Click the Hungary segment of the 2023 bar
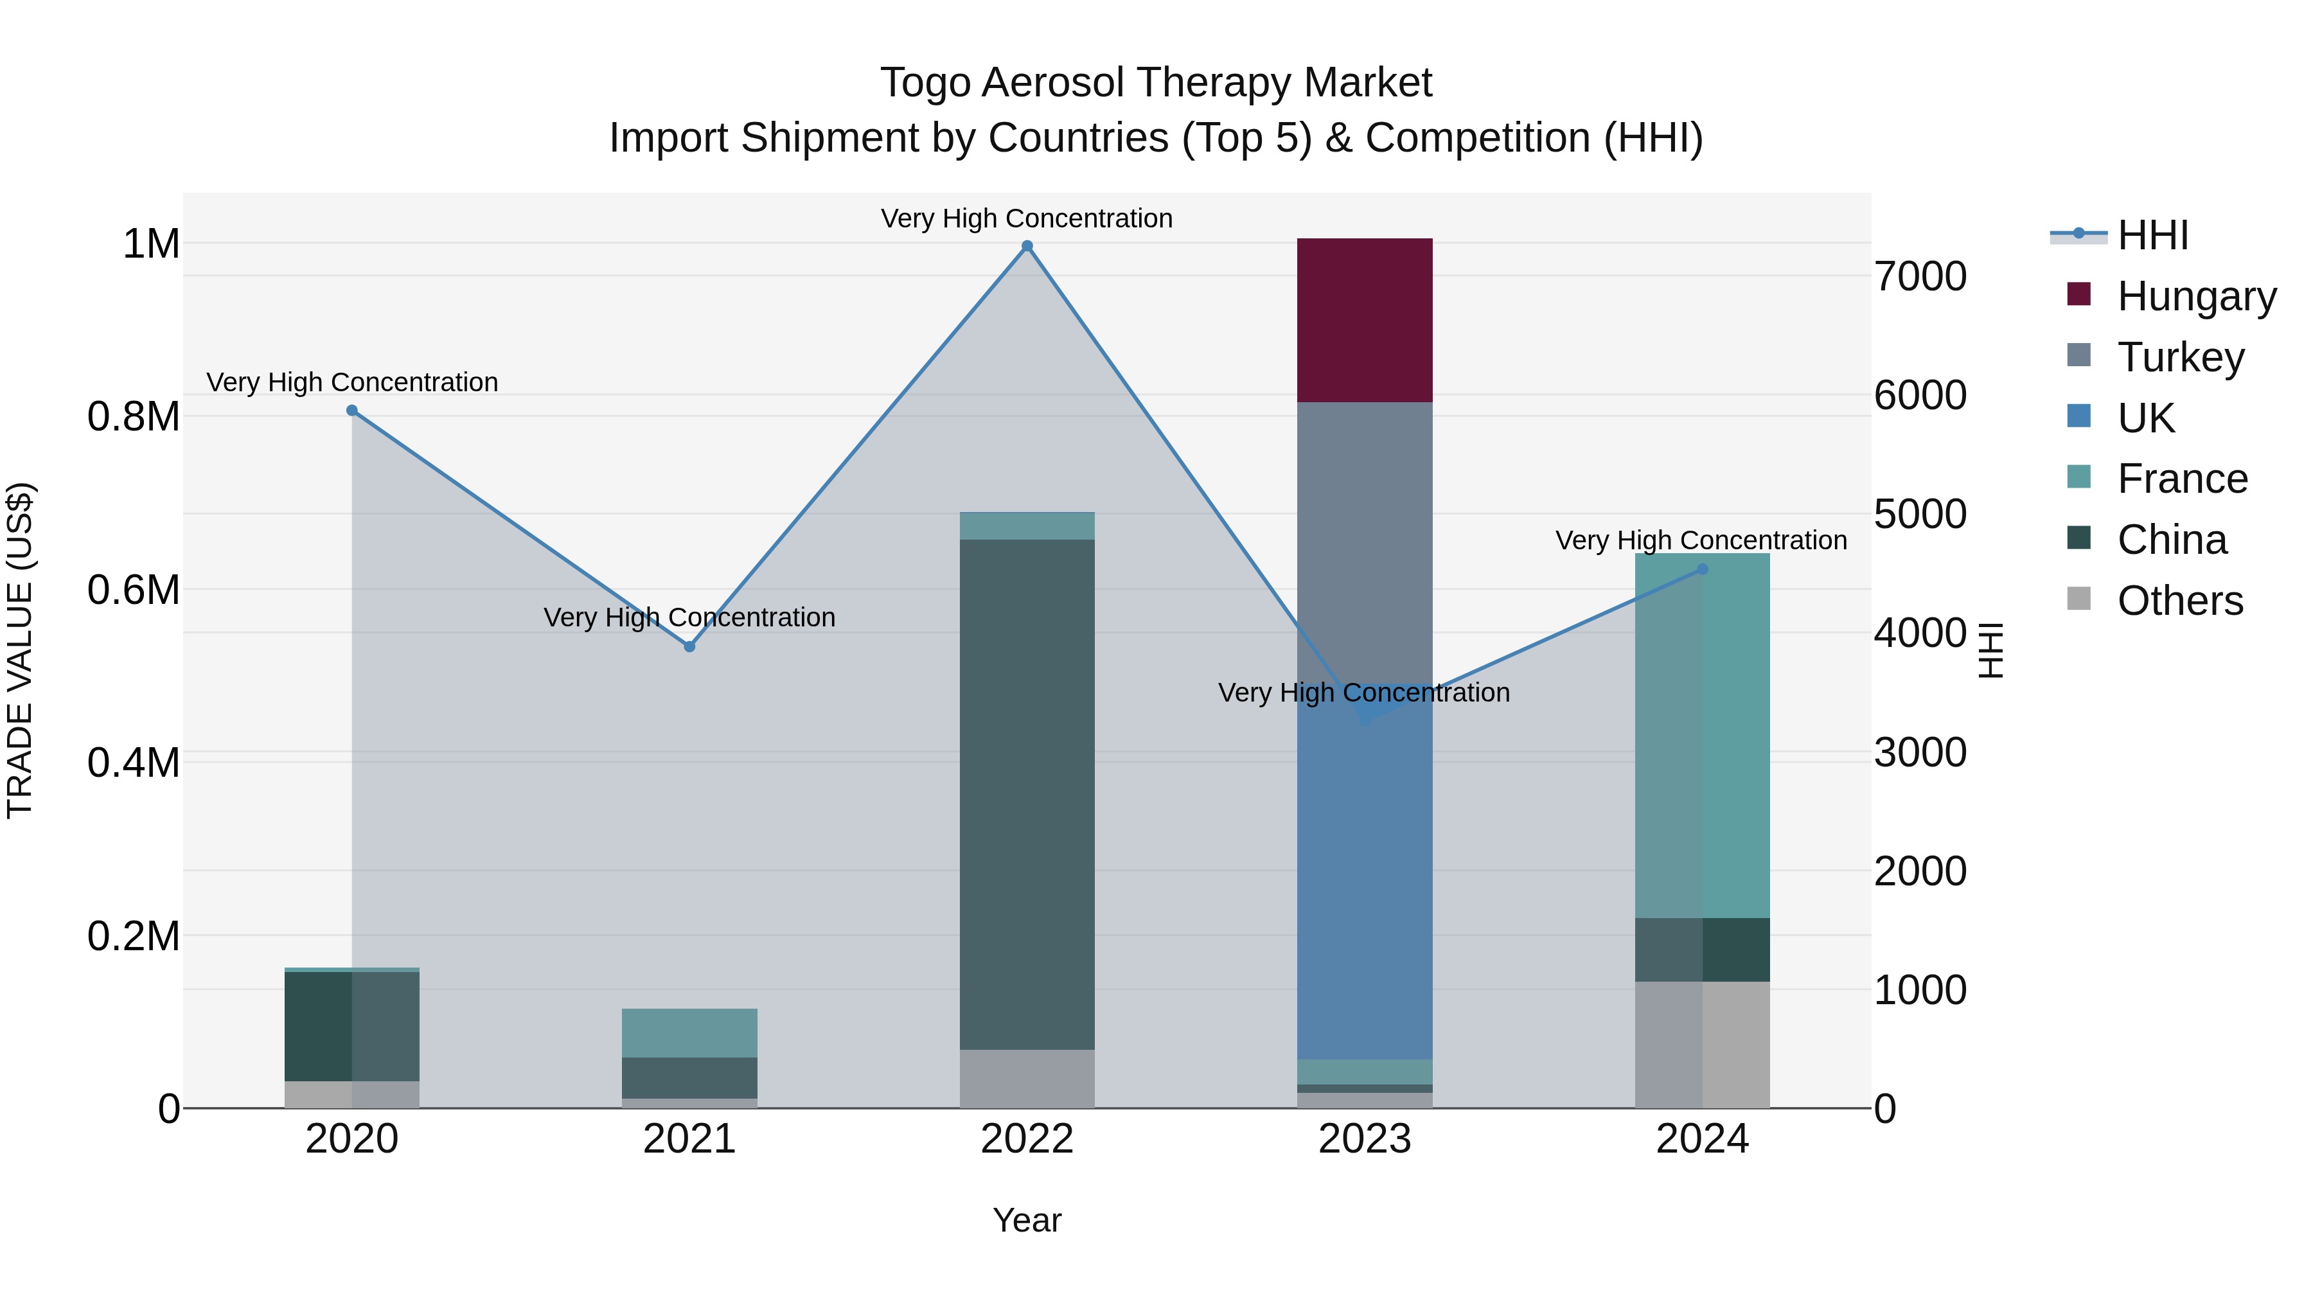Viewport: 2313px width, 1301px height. (1364, 320)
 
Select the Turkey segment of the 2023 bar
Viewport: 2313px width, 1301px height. (1364, 539)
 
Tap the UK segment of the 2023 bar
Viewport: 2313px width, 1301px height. (1364, 889)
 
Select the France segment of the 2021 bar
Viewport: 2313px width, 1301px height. (689, 1032)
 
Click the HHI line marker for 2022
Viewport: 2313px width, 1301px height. (1027, 246)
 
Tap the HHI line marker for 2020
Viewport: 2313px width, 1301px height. (352, 411)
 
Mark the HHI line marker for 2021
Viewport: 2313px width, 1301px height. (689, 646)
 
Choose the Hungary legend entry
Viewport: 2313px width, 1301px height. (2195, 296)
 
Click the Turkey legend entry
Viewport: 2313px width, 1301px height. (2179, 357)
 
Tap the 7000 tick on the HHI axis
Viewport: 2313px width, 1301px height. (1920, 276)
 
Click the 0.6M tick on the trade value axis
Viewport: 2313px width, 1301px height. (134, 590)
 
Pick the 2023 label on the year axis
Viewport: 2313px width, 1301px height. (1364, 1139)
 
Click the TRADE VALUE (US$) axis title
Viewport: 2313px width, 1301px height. (20, 650)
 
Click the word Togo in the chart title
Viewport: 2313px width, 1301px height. (925, 83)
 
